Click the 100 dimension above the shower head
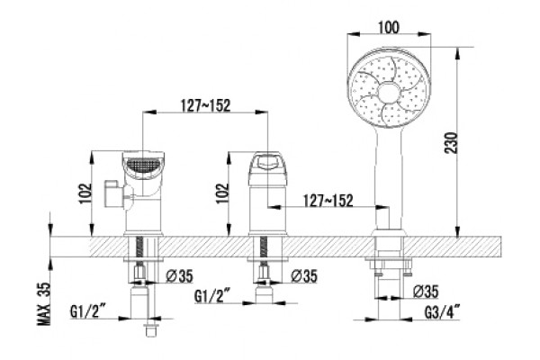coord(389,27)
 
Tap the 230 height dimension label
coord(452,142)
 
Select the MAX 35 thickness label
coord(44,303)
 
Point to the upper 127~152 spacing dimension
coord(205,105)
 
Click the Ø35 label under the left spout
coord(179,276)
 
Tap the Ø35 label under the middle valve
coord(304,275)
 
